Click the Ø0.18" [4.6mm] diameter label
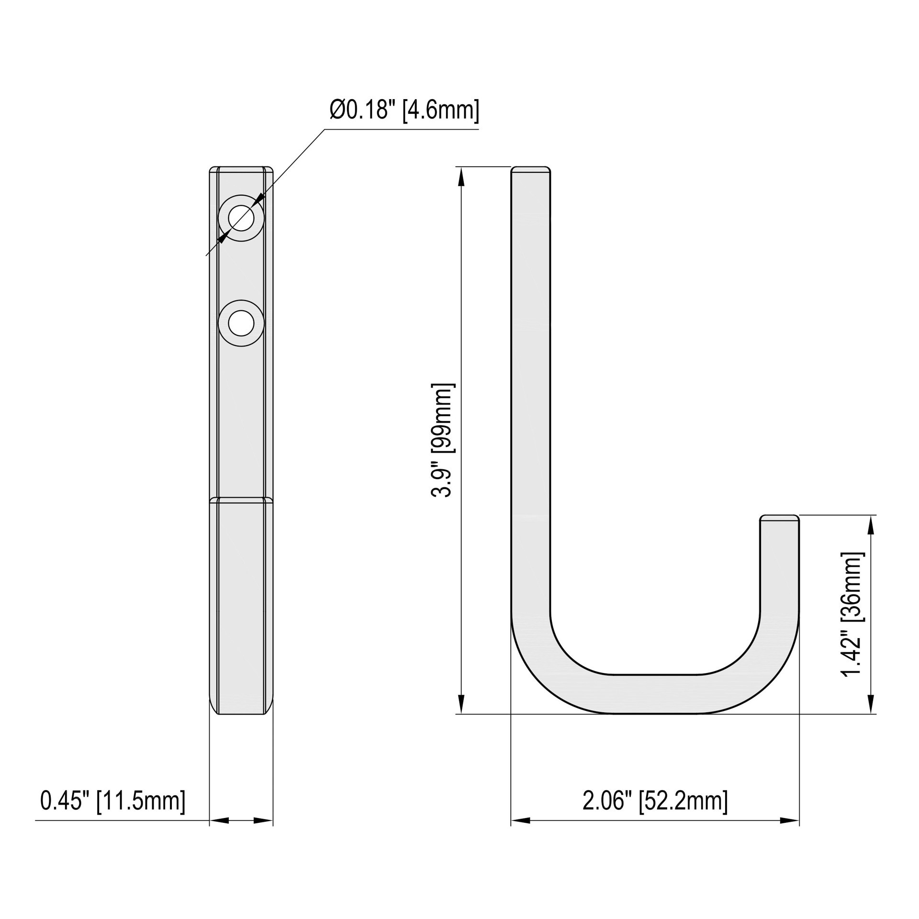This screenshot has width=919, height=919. [403, 111]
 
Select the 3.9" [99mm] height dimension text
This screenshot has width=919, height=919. [441, 440]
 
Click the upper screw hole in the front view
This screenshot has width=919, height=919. [241, 218]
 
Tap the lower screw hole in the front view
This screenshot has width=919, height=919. [241, 324]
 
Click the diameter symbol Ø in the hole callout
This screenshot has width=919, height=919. [337, 111]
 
